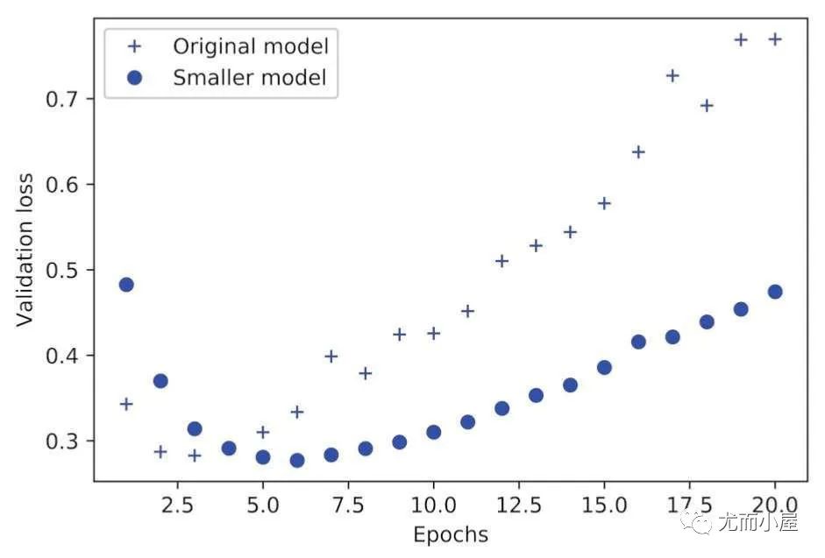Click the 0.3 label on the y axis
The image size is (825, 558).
tap(63, 441)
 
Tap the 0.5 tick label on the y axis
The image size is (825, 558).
tap(63, 270)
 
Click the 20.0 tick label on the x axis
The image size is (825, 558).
tap(774, 506)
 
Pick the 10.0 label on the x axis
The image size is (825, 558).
tap(433, 506)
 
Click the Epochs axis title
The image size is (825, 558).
tap(450, 533)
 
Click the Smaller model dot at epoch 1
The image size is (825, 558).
tap(126, 285)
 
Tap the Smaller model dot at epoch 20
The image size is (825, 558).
tap(775, 292)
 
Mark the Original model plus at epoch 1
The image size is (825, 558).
tap(126, 404)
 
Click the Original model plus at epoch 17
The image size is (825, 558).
tap(672, 76)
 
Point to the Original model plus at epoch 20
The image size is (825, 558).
tap(775, 39)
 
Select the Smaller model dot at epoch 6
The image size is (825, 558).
tap(297, 460)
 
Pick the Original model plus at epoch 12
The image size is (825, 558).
tap(501, 261)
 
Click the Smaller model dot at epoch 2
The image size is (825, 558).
tap(160, 381)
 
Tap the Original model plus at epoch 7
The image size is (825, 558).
tap(331, 356)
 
